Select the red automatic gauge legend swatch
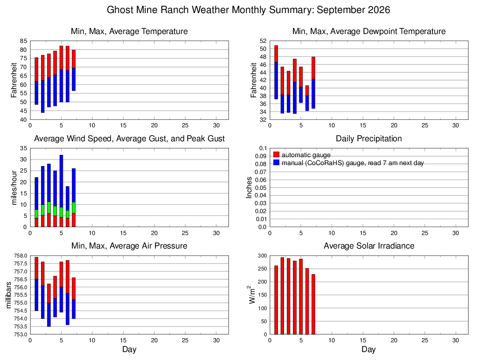pyautogui.click(x=276, y=154)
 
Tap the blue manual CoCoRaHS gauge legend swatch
pyautogui.click(x=276, y=162)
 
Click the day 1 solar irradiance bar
pyautogui.click(x=276, y=300)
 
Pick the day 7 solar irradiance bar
pyautogui.click(x=313, y=305)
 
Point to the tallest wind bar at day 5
pyautogui.click(x=62, y=191)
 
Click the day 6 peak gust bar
pyautogui.click(x=68, y=207)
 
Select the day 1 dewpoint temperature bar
pyautogui.click(x=276, y=72)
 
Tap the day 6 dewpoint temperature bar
pyautogui.click(x=307, y=98)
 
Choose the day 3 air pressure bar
pyautogui.click(x=49, y=305)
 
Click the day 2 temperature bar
pyautogui.click(x=43, y=84)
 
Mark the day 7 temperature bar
pyautogui.click(x=74, y=70)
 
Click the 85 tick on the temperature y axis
pyautogui.click(x=24, y=41)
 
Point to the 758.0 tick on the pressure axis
pyautogui.click(x=21, y=256)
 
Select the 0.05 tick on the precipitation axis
pyautogui.click(x=261, y=187)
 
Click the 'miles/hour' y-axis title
pyautogui.click(x=14, y=187)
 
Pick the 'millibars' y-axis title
pyautogui.click(x=8, y=295)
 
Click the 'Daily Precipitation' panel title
pyautogui.click(x=369, y=138)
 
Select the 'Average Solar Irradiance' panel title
pyautogui.click(x=369, y=246)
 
